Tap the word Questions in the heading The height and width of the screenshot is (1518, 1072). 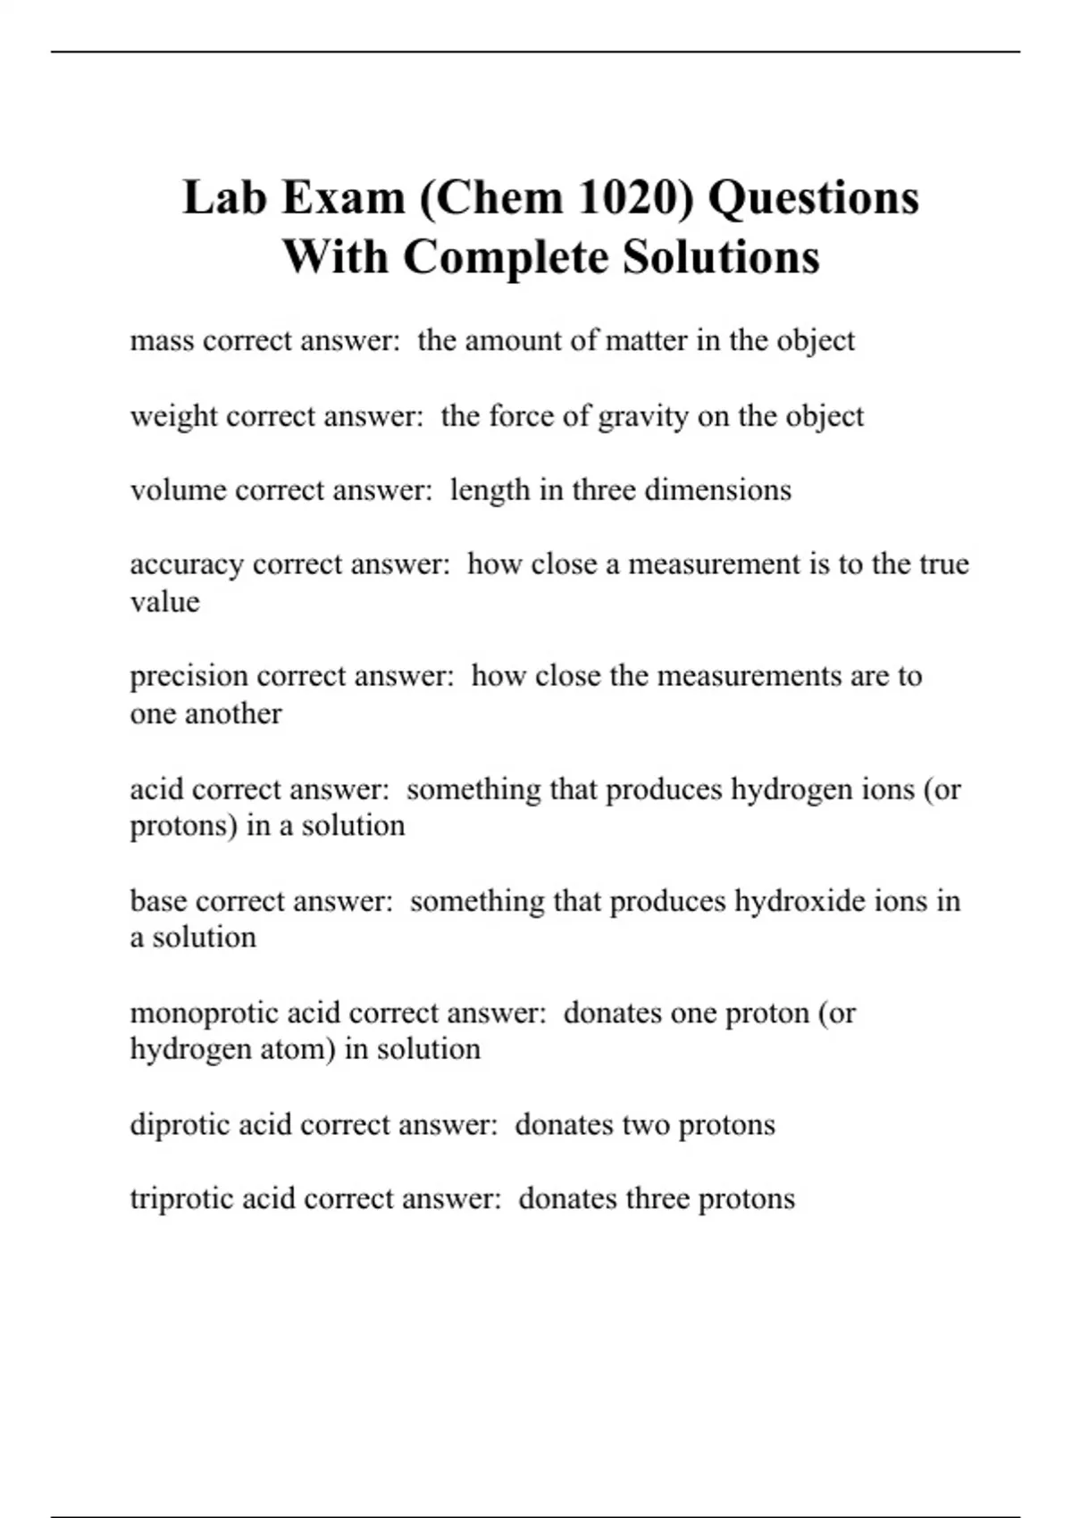[x=813, y=197]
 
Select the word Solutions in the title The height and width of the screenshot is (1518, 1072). [x=721, y=257]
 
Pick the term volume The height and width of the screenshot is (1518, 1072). [x=178, y=490]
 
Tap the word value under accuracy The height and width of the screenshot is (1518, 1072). [x=164, y=602]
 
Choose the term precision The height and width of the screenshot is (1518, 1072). [x=188, y=676]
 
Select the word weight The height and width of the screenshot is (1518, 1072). [x=173, y=417]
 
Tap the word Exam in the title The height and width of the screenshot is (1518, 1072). [x=343, y=197]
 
